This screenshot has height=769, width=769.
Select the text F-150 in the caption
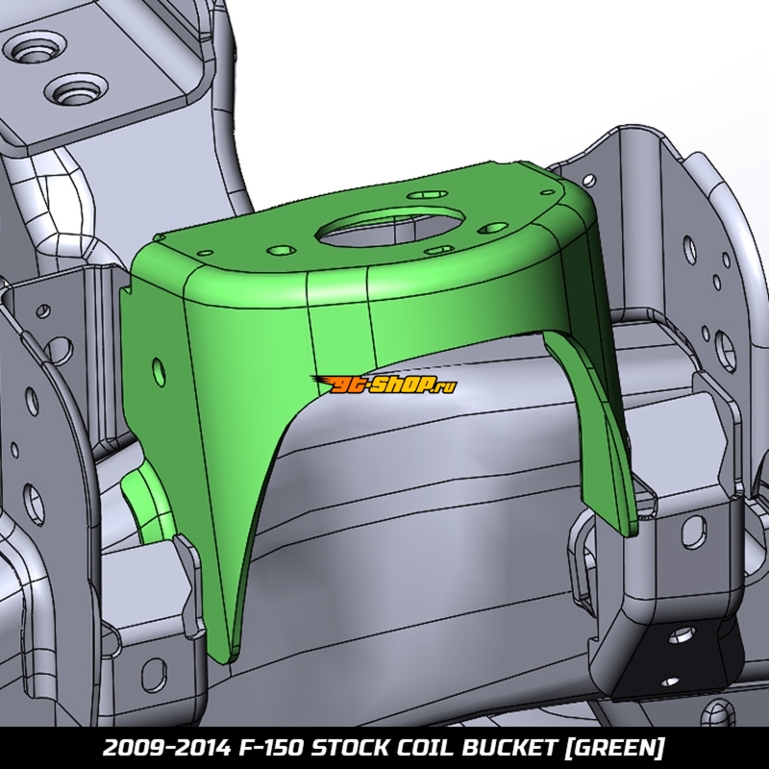271,749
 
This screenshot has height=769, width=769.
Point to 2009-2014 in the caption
166,749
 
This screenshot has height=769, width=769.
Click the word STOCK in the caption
348,749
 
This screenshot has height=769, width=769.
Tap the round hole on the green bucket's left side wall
159,371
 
